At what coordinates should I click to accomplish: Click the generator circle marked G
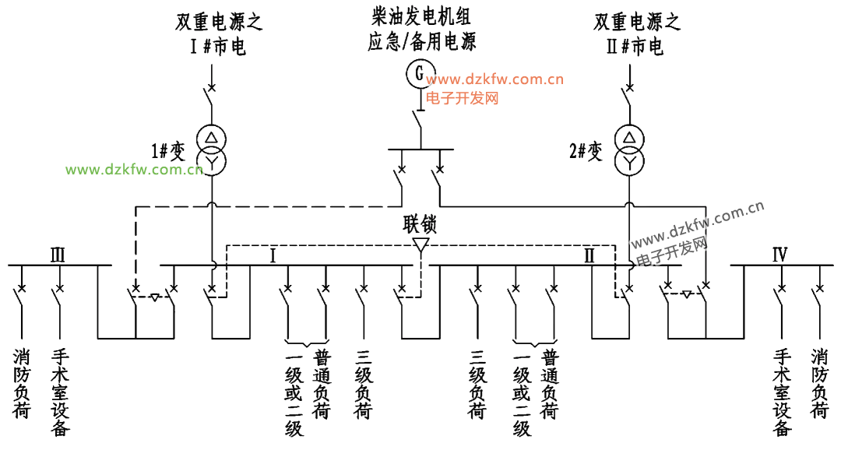(x=420, y=73)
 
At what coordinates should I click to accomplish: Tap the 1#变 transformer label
(x=168, y=151)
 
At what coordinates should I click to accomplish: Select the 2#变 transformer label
(x=586, y=151)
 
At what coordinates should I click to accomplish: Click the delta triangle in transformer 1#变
(x=211, y=137)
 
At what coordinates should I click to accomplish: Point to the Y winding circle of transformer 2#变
(x=629, y=160)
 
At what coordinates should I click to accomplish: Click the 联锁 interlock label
(x=420, y=224)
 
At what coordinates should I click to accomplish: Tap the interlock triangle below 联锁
(x=420, y=244)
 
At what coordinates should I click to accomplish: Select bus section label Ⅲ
(x=58, y=255)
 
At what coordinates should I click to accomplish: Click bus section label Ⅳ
(x=779, y=255)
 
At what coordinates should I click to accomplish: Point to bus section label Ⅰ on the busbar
(x=273, y=256)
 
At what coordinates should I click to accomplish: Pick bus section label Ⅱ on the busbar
(x=589, y=256)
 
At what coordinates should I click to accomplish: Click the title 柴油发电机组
(x=421, y=16)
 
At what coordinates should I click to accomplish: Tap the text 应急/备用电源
(x=421, y=42)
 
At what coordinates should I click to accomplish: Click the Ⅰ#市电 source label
(x=218, y=47)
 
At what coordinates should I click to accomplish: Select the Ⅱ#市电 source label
(x=635, y=47)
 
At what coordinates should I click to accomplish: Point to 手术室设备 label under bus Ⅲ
(x=60, y=392)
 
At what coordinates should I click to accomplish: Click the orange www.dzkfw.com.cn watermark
(x=495, y=80)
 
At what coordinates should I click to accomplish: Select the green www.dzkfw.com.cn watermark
(x=134, y=170)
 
